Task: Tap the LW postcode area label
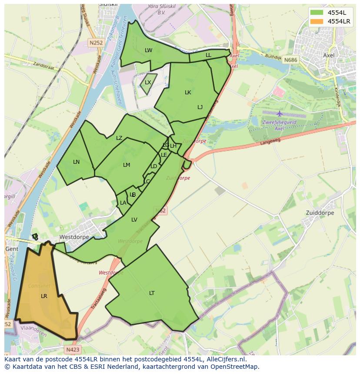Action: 149,50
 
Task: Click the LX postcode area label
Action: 148,83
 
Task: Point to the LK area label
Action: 188,93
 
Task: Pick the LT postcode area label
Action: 152,293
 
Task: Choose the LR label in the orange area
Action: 44,296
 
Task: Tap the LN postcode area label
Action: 76,162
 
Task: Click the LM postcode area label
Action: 127,165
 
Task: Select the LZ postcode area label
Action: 119,138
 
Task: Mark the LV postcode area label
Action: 134,220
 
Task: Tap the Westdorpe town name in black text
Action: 74,237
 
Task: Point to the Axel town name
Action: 329,55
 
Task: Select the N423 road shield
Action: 73,349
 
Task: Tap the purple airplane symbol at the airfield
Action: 279,114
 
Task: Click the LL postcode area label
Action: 208,55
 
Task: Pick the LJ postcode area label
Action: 200,107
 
